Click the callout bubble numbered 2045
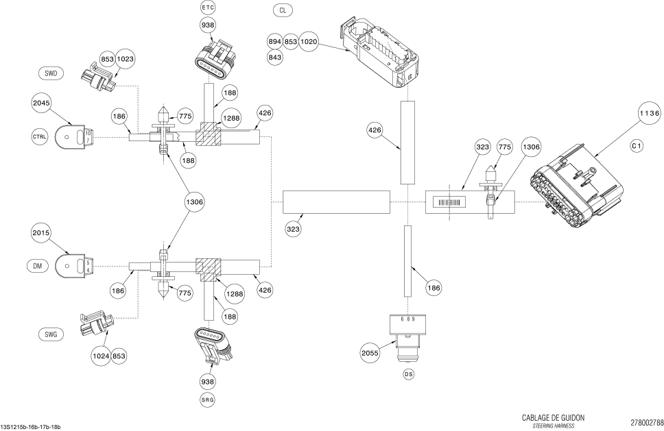point(41,103)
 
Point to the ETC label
point(208,7)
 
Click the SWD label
point(51,73)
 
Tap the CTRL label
point(40,136)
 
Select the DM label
point(38,265)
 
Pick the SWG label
point(50,334)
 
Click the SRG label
point(208,398)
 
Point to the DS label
point(409,374)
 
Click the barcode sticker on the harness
point(449,203)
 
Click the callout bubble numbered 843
point(275,57)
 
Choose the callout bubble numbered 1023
point(126,60)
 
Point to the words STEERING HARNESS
point(554,426)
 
